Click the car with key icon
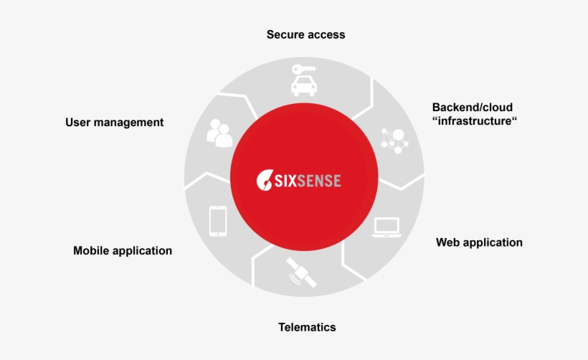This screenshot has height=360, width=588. click(305, 80)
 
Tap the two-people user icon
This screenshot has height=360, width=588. click(219, 133)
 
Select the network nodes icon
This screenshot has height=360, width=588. click(394, 139)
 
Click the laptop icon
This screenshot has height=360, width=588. click(387, 227)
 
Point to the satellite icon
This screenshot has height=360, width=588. click(301, 273)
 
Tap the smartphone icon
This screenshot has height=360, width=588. click(218, 221)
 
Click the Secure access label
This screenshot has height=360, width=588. click(305, 34)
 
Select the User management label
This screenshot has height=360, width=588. click(114, 123)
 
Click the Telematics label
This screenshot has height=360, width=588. click(307, 327)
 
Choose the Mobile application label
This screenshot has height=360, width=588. click(123, 251)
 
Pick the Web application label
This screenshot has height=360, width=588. click(479, 242)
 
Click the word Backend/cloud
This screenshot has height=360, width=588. click(472, 108)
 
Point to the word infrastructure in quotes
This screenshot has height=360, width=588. click(475, 121)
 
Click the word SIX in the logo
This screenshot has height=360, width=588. click(284, 180)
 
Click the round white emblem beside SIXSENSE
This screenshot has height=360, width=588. click(263, 180)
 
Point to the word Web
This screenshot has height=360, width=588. click(448, 242)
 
